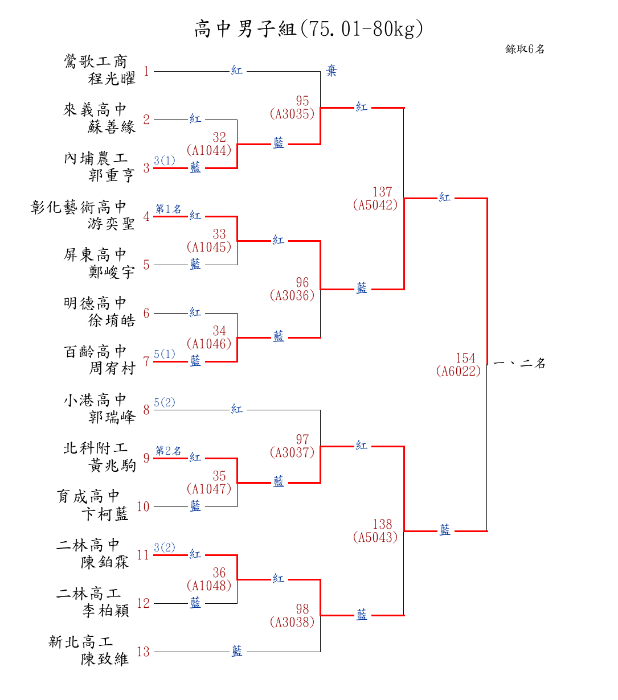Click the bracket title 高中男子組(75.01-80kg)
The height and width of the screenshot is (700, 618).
tap(308, 28)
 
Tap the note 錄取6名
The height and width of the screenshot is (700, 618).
tap(525, 49)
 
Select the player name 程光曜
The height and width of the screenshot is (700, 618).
tap(112, 79)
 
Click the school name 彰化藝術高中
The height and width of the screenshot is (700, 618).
tap(79, 207)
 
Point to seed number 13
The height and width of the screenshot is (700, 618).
tap(143, 652)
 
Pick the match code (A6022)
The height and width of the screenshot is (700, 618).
tap(458, 371)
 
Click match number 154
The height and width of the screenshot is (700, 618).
tap(465, 358)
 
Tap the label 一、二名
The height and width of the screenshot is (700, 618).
tap(519, 363)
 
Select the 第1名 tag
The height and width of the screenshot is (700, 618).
tap(168, 209)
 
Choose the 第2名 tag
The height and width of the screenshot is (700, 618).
tap(168, 451)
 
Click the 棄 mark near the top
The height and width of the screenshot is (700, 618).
tap(331, 71)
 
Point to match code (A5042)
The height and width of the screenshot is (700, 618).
tap(375, 205)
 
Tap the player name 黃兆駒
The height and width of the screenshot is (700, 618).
tap(112, 466)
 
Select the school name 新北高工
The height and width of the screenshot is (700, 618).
tap(80, 642)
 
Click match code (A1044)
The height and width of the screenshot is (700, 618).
tap(209, 150)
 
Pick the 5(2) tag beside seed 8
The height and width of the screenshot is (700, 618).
tap(165, 403)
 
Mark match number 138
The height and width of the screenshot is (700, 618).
tap(382, 524)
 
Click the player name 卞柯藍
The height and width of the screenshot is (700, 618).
tap(105, 514)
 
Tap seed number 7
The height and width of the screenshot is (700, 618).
tap(146, 362)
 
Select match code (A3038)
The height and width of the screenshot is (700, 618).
tap(292, 622)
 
